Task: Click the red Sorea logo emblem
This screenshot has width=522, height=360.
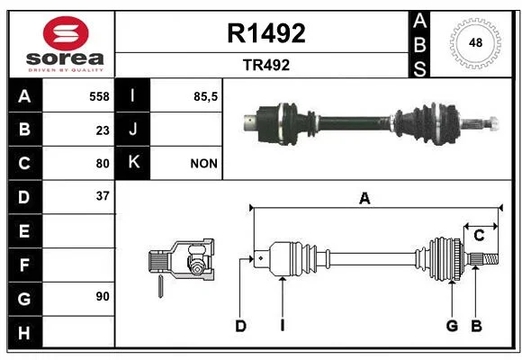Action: (x=66, y=33)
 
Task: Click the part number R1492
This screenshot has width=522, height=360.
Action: (x=266, y=33)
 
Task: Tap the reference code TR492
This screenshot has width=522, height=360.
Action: (x=266, y=65)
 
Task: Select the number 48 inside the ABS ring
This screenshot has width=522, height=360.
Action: (x=475, y=42)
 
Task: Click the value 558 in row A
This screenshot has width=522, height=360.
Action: (x=99, y=96)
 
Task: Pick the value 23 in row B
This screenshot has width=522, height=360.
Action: (x=103, y=130)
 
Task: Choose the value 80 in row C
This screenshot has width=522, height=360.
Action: (x=103, y=164)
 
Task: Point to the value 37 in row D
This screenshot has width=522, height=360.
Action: (x=103, y=196)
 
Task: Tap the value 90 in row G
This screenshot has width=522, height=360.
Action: (x=103, y=296)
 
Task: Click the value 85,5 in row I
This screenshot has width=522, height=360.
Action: (x=206, y=96)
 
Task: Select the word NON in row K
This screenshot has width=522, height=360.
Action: (x=203, y=164)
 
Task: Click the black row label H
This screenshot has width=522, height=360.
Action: (x=25, y=332)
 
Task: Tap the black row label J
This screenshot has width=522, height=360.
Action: (x=132, y=129)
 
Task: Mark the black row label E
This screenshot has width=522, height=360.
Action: (x=25, y=230)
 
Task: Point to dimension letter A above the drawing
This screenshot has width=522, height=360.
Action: (x=364, y=199)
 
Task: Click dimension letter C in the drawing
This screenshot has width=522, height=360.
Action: (x=479, y=236)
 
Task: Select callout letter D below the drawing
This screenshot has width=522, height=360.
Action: (x=240, y=326)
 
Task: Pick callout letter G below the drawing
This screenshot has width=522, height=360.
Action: (x=452, y=326)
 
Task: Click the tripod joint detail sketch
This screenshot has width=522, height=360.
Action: (x=181, y=260)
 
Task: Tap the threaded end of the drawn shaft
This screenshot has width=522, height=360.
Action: (x=491, y=259)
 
